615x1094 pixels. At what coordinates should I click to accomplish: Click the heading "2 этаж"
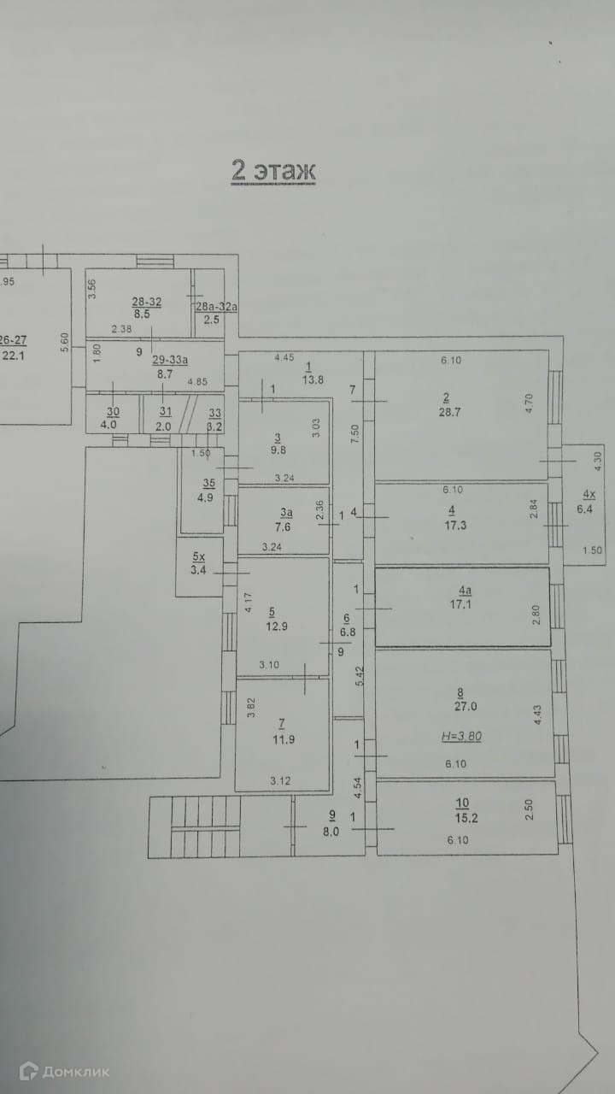pyautogui.click(x=273, y=170)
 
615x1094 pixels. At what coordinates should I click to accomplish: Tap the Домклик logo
pyautogui.click(x=64, y=1071)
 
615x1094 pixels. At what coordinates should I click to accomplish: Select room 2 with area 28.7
pyautogui.click(x=446, y=405)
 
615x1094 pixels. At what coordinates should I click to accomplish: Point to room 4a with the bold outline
pyautogui.click(x=463, y=606)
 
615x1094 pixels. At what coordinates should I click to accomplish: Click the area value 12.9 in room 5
pyautogui.click(x=272, y=626)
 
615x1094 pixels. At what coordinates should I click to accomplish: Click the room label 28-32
pyautogui.click(x=146, y=301)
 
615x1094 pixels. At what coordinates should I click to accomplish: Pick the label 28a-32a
pyautogui.click(x=216, y=307)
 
